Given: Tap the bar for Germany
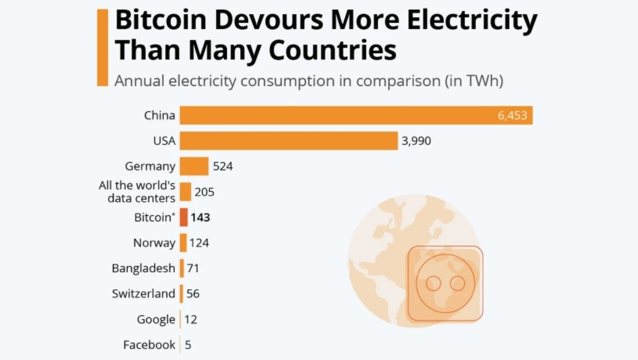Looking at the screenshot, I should point(194,166).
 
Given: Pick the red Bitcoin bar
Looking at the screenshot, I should point(184,217).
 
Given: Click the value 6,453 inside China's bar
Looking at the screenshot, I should point(512,115).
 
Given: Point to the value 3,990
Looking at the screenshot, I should point(416,141).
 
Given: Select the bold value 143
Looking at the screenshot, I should point(200,218).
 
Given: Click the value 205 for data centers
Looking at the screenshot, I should point(204,192).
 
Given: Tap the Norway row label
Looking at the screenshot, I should point(154,243).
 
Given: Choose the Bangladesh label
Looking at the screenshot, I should point(143,268).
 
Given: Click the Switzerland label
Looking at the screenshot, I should point(143,293).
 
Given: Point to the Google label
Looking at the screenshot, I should point(156,319).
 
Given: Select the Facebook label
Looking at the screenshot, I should point(149,345).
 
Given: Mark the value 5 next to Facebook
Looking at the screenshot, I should point(188,345).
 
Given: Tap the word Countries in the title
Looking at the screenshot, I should point(332,50).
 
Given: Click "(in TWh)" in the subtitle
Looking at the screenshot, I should point(474,81).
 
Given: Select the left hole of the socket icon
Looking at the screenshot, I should point(433,283).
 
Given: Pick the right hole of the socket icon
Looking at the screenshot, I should point(457,283).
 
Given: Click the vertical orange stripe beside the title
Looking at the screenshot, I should point(102,48).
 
